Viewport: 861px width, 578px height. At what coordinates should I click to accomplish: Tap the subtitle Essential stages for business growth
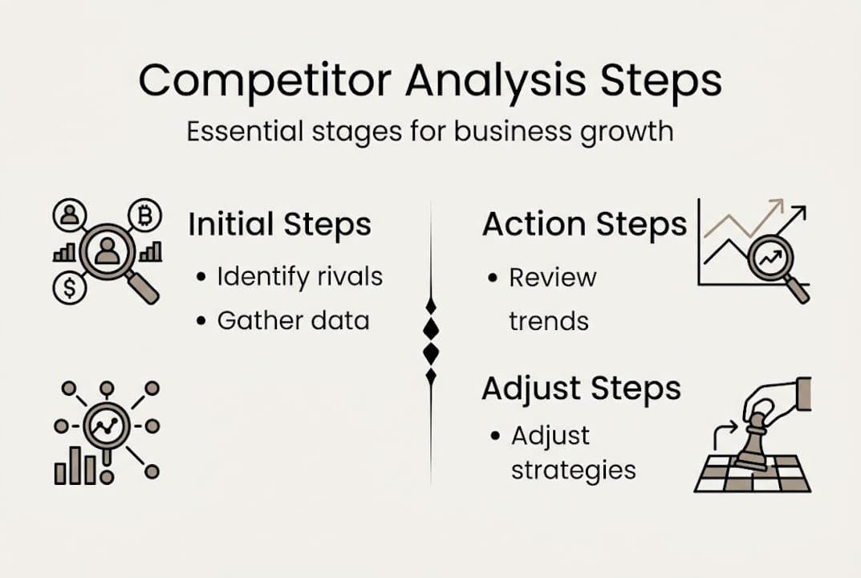coord(430,130)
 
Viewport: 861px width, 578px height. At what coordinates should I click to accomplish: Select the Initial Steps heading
coord(279,226)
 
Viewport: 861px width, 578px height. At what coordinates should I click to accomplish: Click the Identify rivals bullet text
coord(299,278)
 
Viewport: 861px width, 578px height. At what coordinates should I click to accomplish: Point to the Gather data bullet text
coord(293,321)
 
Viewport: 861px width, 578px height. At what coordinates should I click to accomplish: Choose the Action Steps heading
coord(584,225)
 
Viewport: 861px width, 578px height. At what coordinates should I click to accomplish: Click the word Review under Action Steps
coord(553,278)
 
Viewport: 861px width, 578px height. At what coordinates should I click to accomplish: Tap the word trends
coord(549,321)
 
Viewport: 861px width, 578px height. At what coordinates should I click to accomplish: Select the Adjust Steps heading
coord(581,389)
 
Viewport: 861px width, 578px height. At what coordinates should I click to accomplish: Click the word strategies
coord(574,470)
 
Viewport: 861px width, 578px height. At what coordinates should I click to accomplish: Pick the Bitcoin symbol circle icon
coord(145,215)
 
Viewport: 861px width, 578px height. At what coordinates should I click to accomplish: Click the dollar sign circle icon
coord(70,288)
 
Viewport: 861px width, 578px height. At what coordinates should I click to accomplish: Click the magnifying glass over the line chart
coord(771,258)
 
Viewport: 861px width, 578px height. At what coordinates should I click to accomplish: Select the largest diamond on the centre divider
coord(431,328)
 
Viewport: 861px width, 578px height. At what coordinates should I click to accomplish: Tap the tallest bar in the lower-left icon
coord(75,465)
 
